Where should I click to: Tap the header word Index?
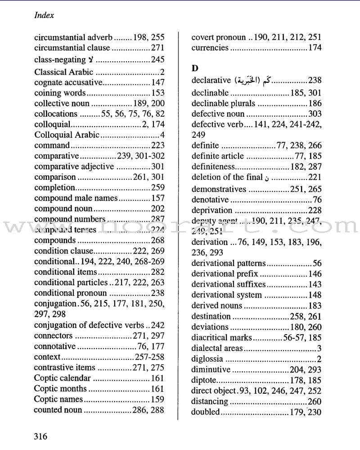(44, 15)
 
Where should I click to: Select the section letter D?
(194, 68)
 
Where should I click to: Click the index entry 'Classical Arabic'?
(64, 72)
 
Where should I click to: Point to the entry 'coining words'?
(59, 93)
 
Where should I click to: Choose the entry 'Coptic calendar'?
(63, 378)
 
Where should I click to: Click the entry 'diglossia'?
(207, 359)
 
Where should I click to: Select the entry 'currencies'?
(210, 48)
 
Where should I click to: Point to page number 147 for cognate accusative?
(157, 82)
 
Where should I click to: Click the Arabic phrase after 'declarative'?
(252, 81)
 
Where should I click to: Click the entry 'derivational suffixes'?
(228, 285)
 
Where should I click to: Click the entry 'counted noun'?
(58, 410)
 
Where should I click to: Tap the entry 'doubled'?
(205, 412)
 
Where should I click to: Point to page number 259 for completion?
(157, 187)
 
